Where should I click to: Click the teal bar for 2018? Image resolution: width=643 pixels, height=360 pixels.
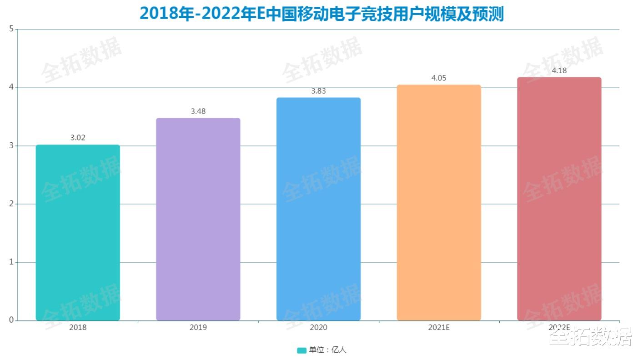78,232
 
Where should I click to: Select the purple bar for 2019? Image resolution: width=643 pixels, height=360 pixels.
198,219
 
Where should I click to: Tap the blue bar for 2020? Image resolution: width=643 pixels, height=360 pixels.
318,209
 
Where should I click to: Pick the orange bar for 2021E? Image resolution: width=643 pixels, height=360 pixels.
439,202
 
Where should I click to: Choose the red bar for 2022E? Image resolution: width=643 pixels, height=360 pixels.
559,199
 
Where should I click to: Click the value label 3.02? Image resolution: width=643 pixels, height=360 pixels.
78,138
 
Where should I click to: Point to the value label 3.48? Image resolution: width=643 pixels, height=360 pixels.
198,111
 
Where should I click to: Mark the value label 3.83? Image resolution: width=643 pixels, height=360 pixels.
318,91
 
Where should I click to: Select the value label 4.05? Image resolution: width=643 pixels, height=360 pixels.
439,78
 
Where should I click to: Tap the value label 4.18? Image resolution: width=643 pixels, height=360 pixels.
559,71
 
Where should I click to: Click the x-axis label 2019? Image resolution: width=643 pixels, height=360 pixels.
198,327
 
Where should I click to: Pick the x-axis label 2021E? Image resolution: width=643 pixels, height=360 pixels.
439,327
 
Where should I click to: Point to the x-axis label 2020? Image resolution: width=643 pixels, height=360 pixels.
318,327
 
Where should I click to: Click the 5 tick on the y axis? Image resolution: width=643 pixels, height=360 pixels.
11,30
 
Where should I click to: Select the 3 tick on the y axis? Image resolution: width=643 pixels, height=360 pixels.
11,146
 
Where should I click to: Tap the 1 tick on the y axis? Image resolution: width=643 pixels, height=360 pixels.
11,262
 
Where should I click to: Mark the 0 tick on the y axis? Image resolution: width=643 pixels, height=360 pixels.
11,320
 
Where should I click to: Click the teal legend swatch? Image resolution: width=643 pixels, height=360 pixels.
301,350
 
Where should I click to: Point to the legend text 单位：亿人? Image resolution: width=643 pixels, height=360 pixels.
327,350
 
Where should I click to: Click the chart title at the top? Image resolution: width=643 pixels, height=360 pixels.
321,14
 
